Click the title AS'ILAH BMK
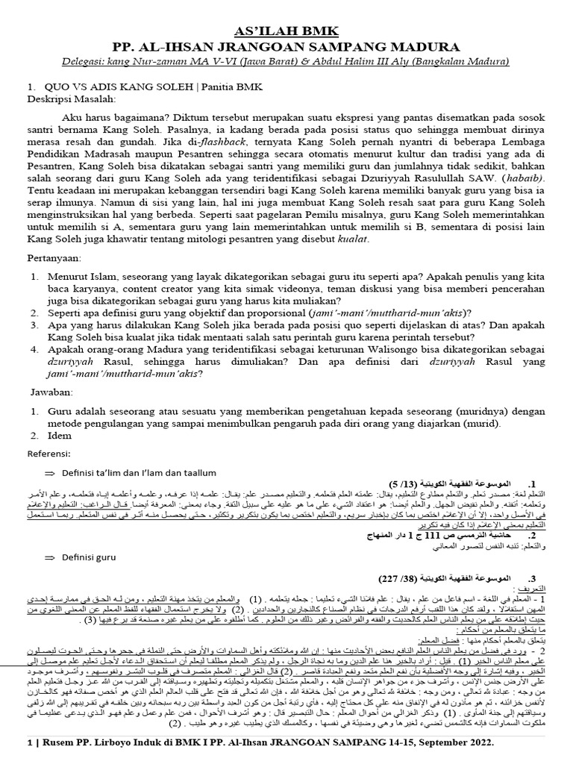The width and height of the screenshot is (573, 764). tap(286, 31)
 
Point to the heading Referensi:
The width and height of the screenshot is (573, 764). tap(50, 453)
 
